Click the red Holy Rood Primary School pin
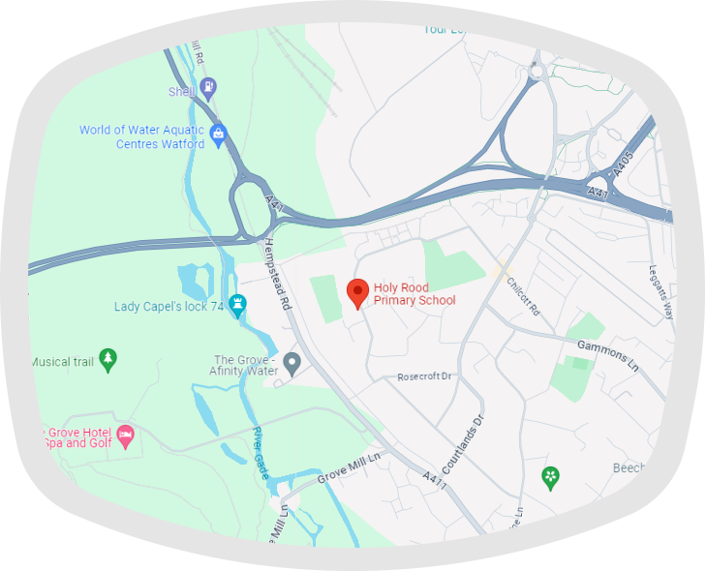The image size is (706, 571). click(x=358, y=292)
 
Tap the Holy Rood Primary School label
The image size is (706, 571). click(x=414, y=293)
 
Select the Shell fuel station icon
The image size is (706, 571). click(x=208, y=90)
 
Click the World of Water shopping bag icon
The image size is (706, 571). click(x=219, y=135)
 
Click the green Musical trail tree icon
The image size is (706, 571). click(x=108, y=360)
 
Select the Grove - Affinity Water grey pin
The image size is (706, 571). click(x=292, y=363)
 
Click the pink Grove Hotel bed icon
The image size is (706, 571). click(x=125, y=436)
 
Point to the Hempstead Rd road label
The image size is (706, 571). click(x=277, y=274)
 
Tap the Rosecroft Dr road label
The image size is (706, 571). click(x=425, y=376)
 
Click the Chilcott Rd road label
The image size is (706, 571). click(x=520, y=292)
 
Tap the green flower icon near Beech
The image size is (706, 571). click(x=550, y=477)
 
